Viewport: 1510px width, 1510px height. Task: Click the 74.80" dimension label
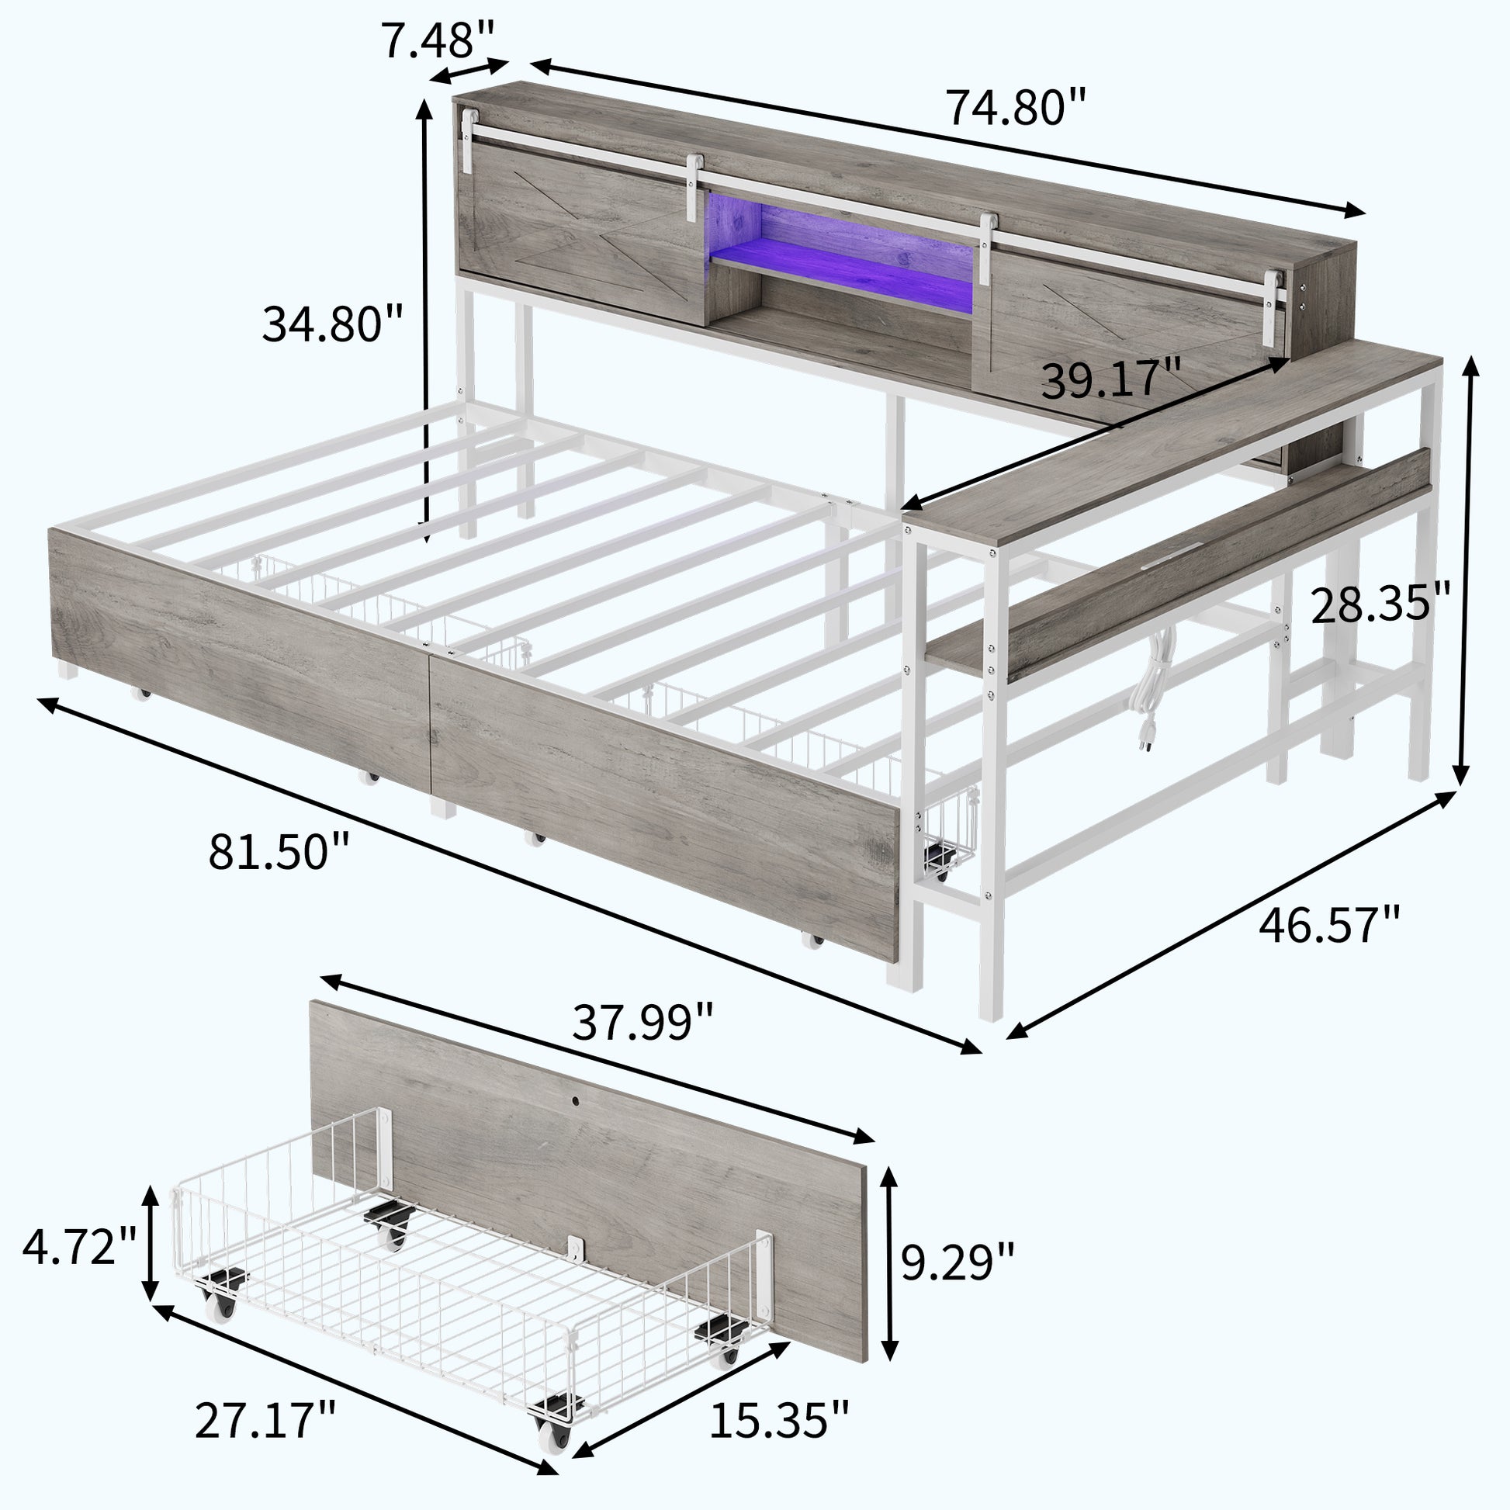tap(1016, 107)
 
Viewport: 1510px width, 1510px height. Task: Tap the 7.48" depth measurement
tap(438, 40)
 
